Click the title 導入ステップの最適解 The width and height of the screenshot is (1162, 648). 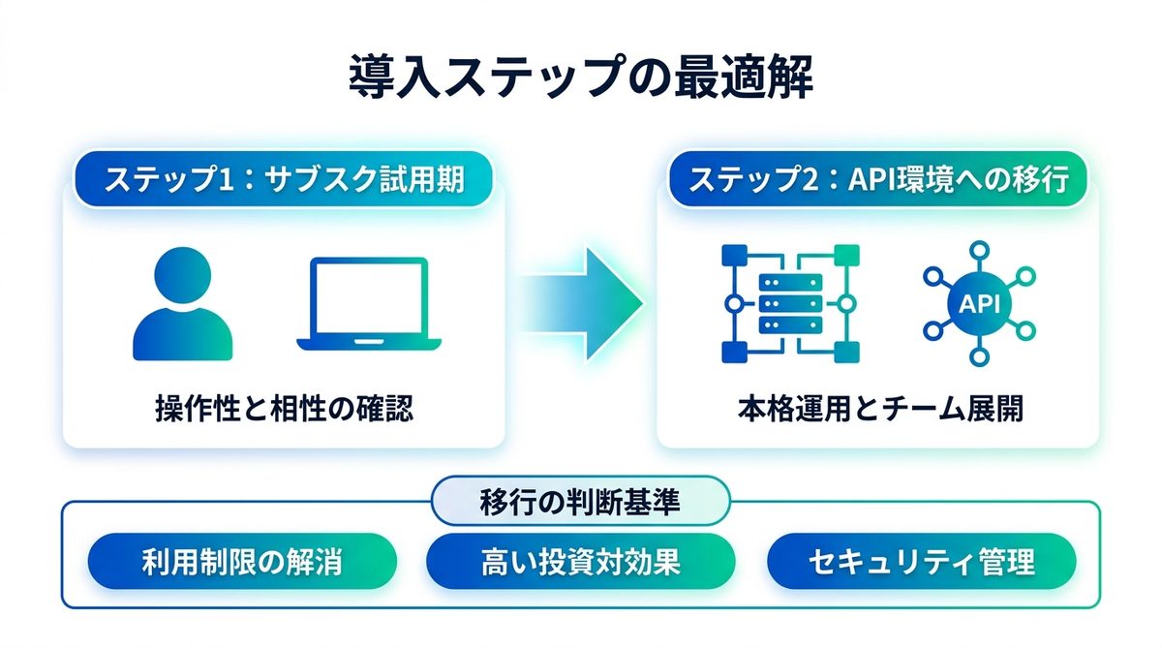point(580,78)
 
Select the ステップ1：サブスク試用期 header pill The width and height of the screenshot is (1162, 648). point(284,180)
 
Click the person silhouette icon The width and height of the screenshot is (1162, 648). point(182,305)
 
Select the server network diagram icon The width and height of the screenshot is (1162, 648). point(790,304)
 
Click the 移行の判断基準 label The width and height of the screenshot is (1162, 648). point(580,502)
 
